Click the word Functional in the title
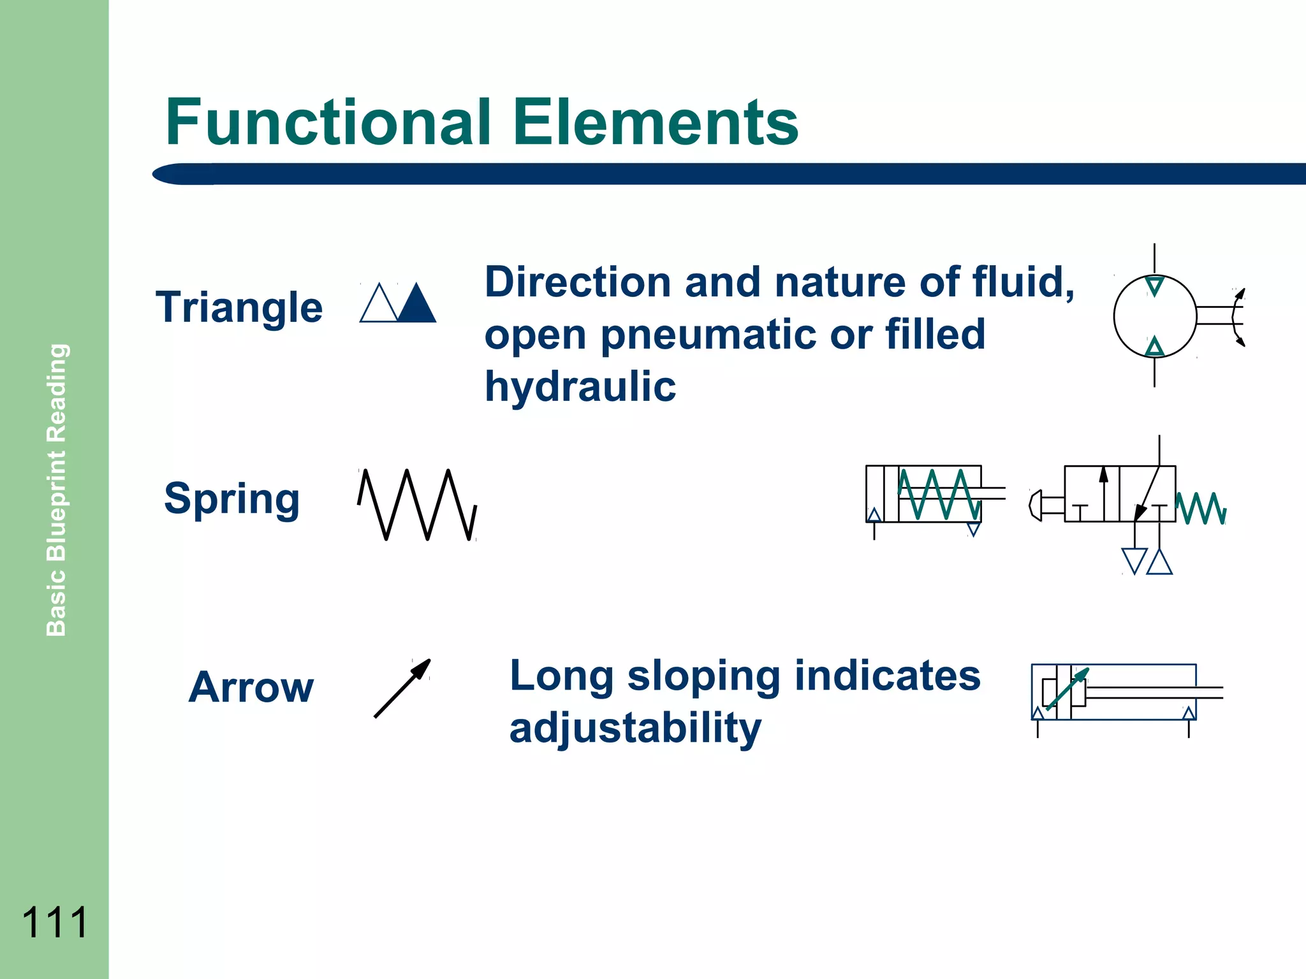point(328,122)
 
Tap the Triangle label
point(239,308)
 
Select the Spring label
point(231,499)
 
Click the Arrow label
point(251,688)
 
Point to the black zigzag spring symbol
point(417,505)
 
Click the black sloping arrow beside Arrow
point(402,688)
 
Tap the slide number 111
point(54,922)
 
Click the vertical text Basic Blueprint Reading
point(57,489)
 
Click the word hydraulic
point(580,387)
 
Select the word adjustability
point(635,728)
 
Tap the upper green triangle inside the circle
point(1154,285)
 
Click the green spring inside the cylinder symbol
point(939,494)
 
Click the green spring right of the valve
point(1200,508)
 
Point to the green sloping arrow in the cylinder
point(1068,689)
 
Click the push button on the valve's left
point(1036,505)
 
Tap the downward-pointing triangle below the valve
point(1134,560)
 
